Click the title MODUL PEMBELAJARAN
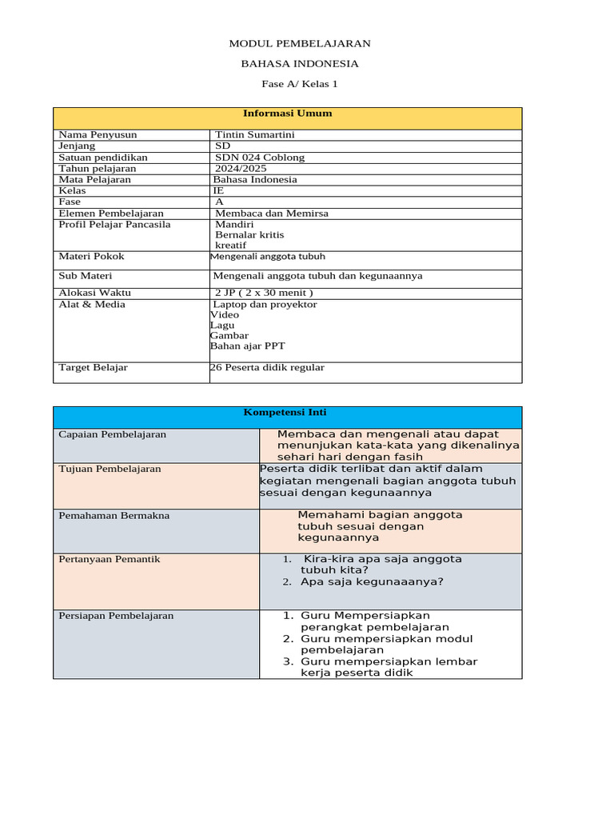click(x=300, y=43)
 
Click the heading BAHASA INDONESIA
click(x=300, y=63)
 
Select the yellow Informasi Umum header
click(x=287, y=114)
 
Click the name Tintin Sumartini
click(x=256, y=135)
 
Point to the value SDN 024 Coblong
click(x=260, y=158)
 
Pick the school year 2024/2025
click(x=240, y=169)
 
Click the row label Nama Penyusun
click(x=98, y=135)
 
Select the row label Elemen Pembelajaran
click(x=111, y=214)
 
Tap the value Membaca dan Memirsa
click(x=272, y=214)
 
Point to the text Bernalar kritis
click(x=249, y=235)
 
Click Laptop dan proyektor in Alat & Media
click(x=265, y=305)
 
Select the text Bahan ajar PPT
click(x=247, y=346)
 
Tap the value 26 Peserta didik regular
click(x=267, y=368)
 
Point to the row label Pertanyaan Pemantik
click(x=110, y=559)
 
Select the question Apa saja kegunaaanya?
click(x=371, y=581)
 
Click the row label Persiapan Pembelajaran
click(x=116, y=616)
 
